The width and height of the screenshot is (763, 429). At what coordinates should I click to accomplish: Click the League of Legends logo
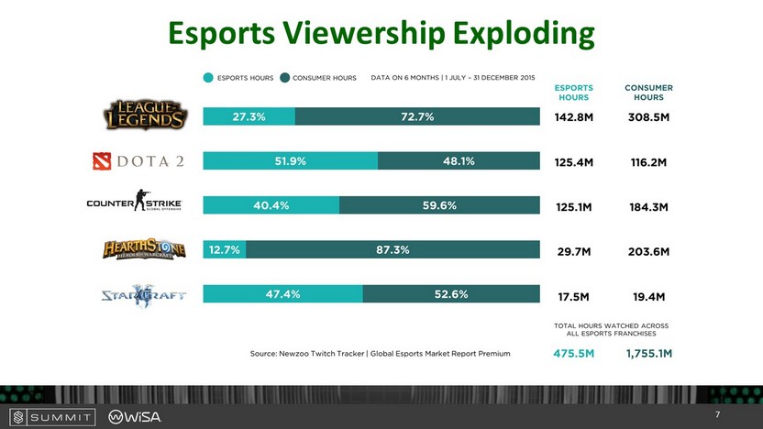(145, 115)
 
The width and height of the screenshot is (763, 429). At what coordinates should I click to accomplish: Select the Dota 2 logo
(138, 161)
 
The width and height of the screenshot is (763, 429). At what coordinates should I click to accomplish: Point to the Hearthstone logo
(145, 249)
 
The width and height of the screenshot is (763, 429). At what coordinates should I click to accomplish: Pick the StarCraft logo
(145, 294)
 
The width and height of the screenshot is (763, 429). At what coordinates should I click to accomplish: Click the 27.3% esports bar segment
(249, 116)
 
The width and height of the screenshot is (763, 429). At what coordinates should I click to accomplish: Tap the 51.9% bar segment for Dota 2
(290, 161)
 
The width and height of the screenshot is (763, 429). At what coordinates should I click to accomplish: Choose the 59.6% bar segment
(439, 205)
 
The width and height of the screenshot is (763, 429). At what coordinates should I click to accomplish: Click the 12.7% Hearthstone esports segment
(224, 249)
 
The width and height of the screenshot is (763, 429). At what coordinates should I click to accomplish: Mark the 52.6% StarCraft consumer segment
(451, 294)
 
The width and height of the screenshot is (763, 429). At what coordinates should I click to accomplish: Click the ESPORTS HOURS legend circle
(209, 78)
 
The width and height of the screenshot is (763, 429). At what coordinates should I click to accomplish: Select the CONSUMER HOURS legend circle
(285, 78)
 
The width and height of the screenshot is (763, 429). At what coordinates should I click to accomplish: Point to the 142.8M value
(574, 117)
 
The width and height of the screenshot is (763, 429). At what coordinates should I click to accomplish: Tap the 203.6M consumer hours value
(647, 251)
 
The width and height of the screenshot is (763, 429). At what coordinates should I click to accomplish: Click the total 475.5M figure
(573, 353)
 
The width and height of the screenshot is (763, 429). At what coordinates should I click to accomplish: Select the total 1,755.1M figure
(648, 353)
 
